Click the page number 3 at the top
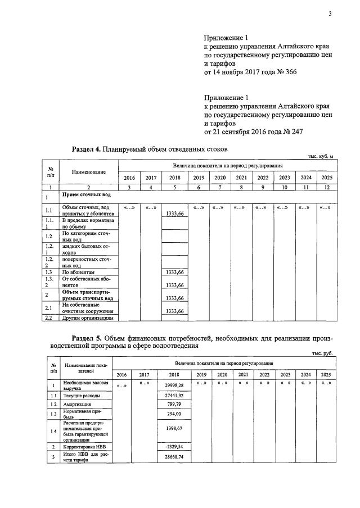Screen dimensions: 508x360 330,14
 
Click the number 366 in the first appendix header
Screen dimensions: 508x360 287,72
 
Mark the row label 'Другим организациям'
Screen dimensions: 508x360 88,318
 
